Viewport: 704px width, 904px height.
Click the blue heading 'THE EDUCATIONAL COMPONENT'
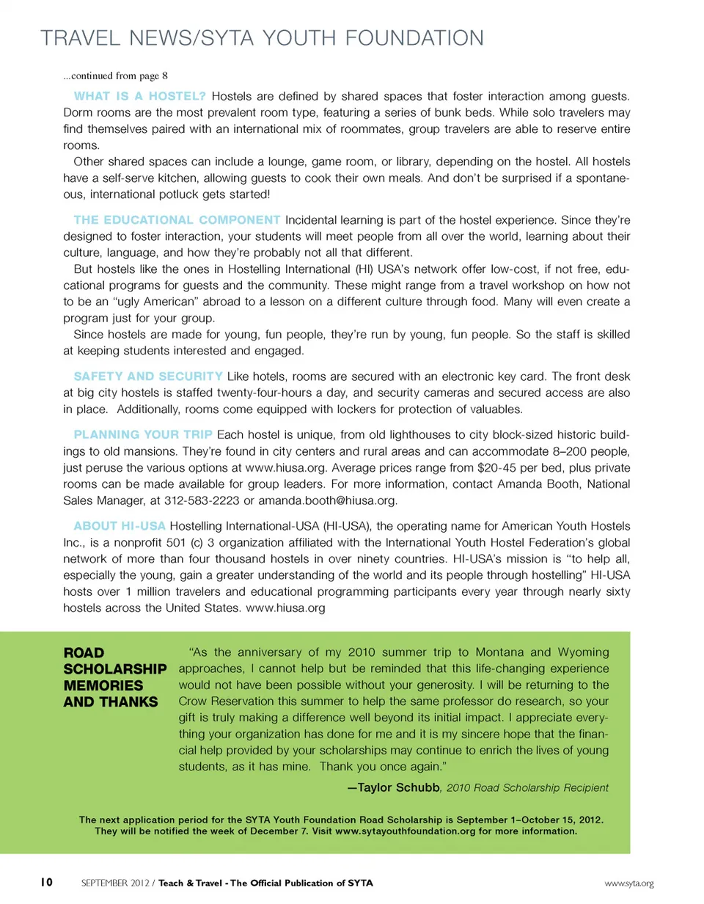tap(177, 219)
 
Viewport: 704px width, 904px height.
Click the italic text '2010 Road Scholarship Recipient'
tap(527, 788)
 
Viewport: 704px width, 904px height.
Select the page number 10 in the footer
tap(45, 881)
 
